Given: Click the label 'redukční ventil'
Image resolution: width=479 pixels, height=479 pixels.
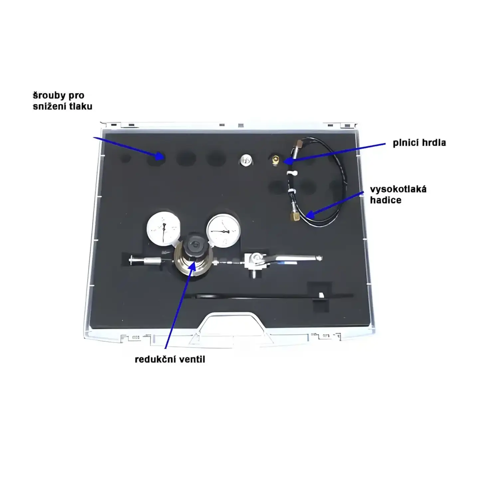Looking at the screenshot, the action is click(x=170, y=360).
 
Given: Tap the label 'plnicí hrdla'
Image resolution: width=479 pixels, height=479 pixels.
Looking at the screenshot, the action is click(x=419, y=143).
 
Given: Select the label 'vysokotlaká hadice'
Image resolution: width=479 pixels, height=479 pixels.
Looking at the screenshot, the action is click(x=398, y=195).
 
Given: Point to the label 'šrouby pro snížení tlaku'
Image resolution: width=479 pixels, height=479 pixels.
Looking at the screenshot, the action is click(x=63, y=101).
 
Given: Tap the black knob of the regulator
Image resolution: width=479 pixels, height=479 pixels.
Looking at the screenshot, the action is click(x=195, y=245).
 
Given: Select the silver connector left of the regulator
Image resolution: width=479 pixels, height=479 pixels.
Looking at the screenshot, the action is click(x=145, y=260).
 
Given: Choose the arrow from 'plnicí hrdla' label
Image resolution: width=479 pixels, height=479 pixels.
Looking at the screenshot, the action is click(x=334, y=153).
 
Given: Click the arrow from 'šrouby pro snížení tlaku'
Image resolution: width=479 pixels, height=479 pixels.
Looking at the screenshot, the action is click(x=129, y=148).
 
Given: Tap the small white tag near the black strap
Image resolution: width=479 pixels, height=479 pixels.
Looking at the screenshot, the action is click(x=321, y=295).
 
